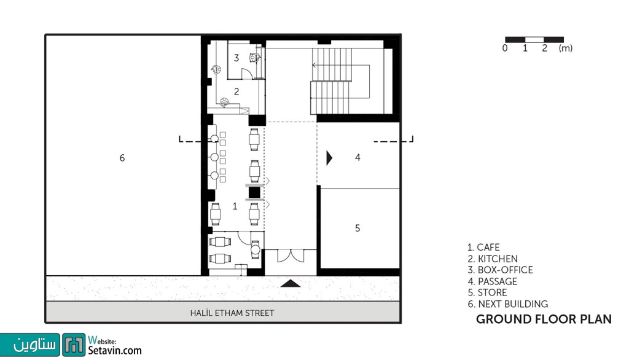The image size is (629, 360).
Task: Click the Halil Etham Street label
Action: click(232, 313)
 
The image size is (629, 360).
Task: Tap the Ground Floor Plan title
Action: click(544, 319)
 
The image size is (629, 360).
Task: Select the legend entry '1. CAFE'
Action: click(483, 247)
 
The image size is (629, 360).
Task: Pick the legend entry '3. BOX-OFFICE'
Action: click(500, 270)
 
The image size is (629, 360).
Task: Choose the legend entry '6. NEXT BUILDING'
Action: click(507, 304)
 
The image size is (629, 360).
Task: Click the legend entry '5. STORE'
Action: click(487, 292)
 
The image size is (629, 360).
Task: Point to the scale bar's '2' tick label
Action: click(544, 48)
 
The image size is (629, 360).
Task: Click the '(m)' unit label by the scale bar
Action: click(566, 48)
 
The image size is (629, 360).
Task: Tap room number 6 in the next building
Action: click(122, 158)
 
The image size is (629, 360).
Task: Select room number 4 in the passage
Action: click(357, 157)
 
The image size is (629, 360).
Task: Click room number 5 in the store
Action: click(357, 228)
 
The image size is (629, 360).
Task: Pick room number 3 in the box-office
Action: click(236, 58)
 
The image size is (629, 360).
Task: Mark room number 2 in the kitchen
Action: click(236, 92)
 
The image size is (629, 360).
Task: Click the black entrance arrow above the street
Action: click(291, 284)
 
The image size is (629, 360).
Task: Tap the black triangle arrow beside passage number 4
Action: click(329, 158)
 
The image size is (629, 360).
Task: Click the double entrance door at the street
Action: click(291, 256)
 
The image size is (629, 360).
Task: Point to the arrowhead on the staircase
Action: click(314, 65)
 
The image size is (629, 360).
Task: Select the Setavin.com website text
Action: click(115, 350)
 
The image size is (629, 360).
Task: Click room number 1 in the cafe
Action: click(235, 206)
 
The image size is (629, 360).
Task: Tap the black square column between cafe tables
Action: click(254, 193)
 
